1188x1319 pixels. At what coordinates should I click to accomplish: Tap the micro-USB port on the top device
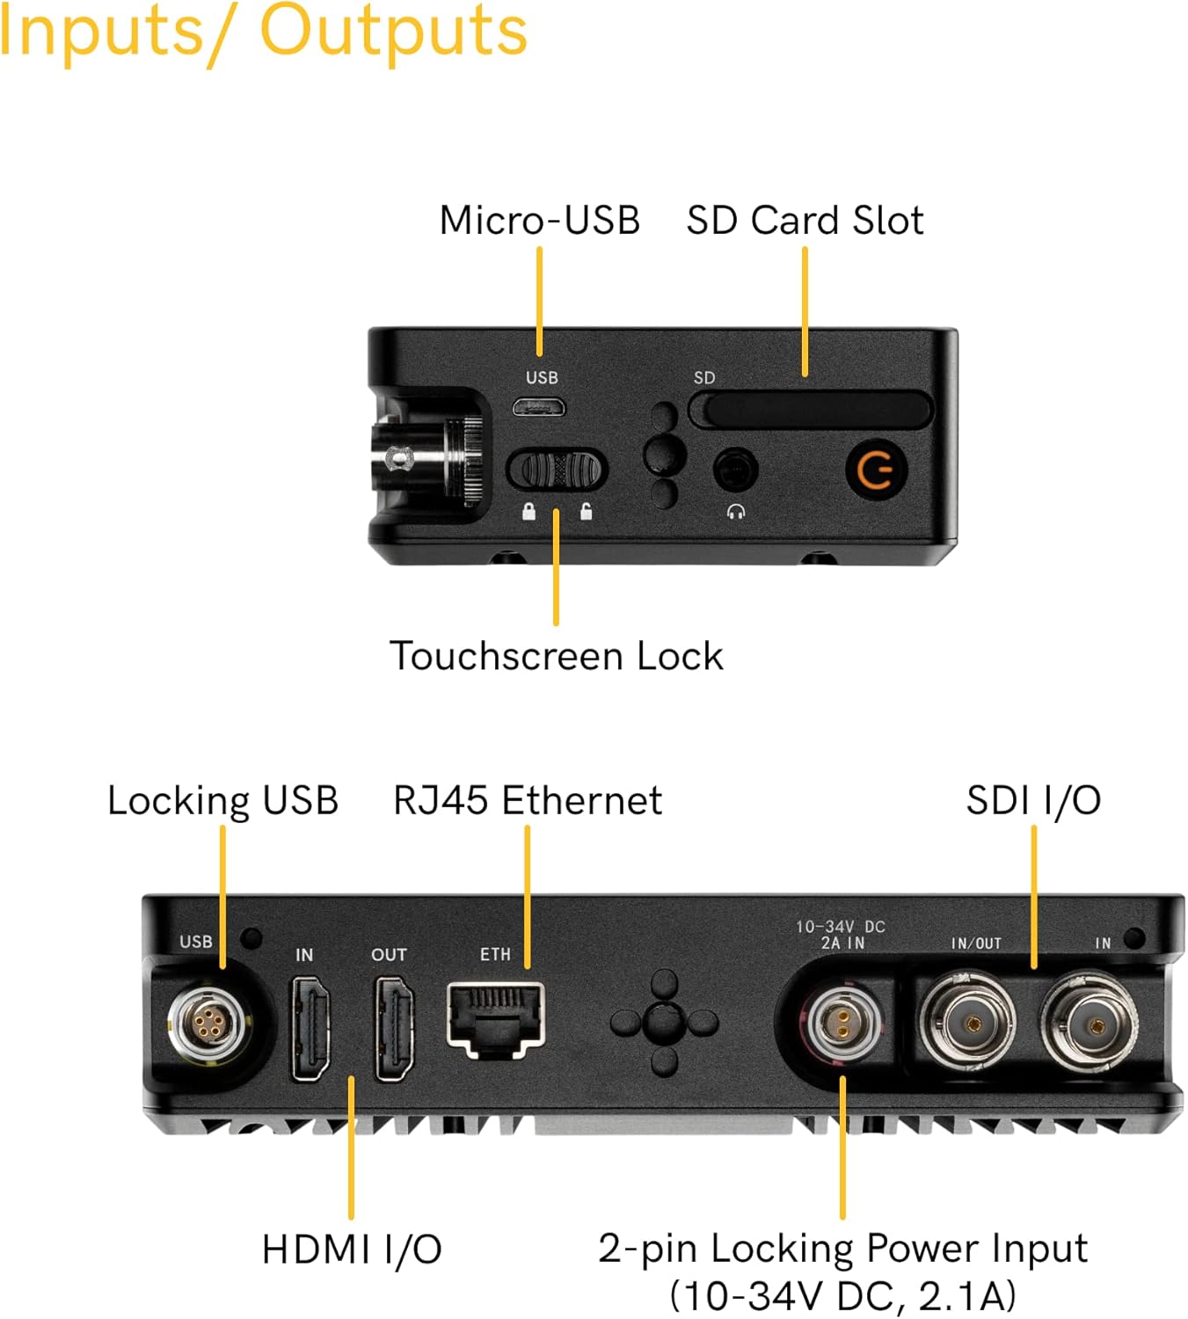[539, 407]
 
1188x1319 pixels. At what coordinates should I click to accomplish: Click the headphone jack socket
[735, 470]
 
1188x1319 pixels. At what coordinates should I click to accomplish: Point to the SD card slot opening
[810, 410]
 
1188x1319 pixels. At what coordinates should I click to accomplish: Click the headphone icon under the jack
[736, 512]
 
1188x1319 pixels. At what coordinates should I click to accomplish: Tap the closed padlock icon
[528, 512]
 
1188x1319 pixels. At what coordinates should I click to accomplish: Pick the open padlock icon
[586, 512]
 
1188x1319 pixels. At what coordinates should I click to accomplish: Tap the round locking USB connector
[208, 1023]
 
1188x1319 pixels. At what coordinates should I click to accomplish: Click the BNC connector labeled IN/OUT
[969, 1024]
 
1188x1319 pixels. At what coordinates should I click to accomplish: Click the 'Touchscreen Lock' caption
[556, 656]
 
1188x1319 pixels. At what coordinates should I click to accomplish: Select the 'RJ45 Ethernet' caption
[527, 800]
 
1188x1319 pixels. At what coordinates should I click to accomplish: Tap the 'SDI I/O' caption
[1033, 800]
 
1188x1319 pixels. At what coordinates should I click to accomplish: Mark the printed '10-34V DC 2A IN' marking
[841, 935]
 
